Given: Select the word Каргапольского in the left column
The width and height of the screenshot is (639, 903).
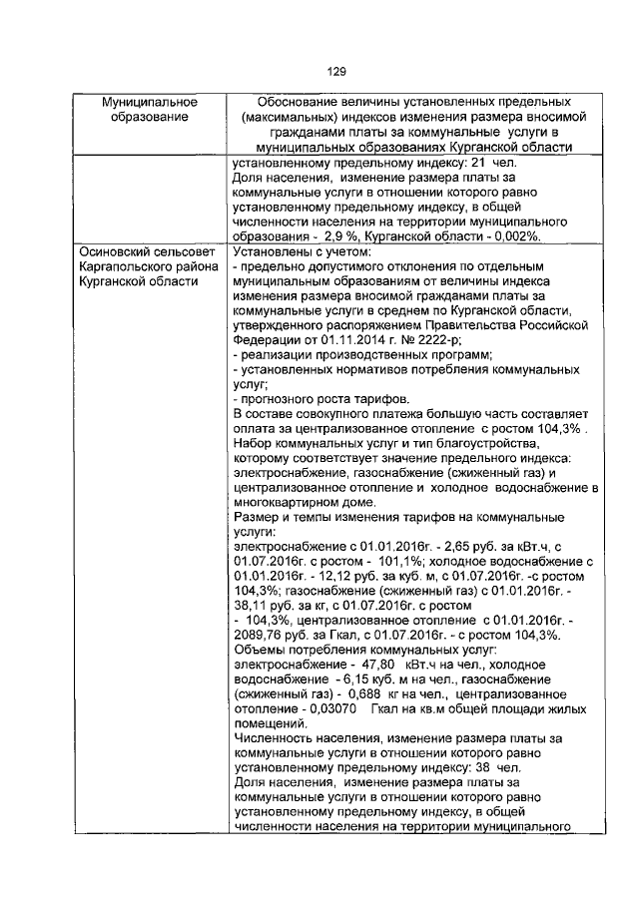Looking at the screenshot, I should point(129,268).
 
